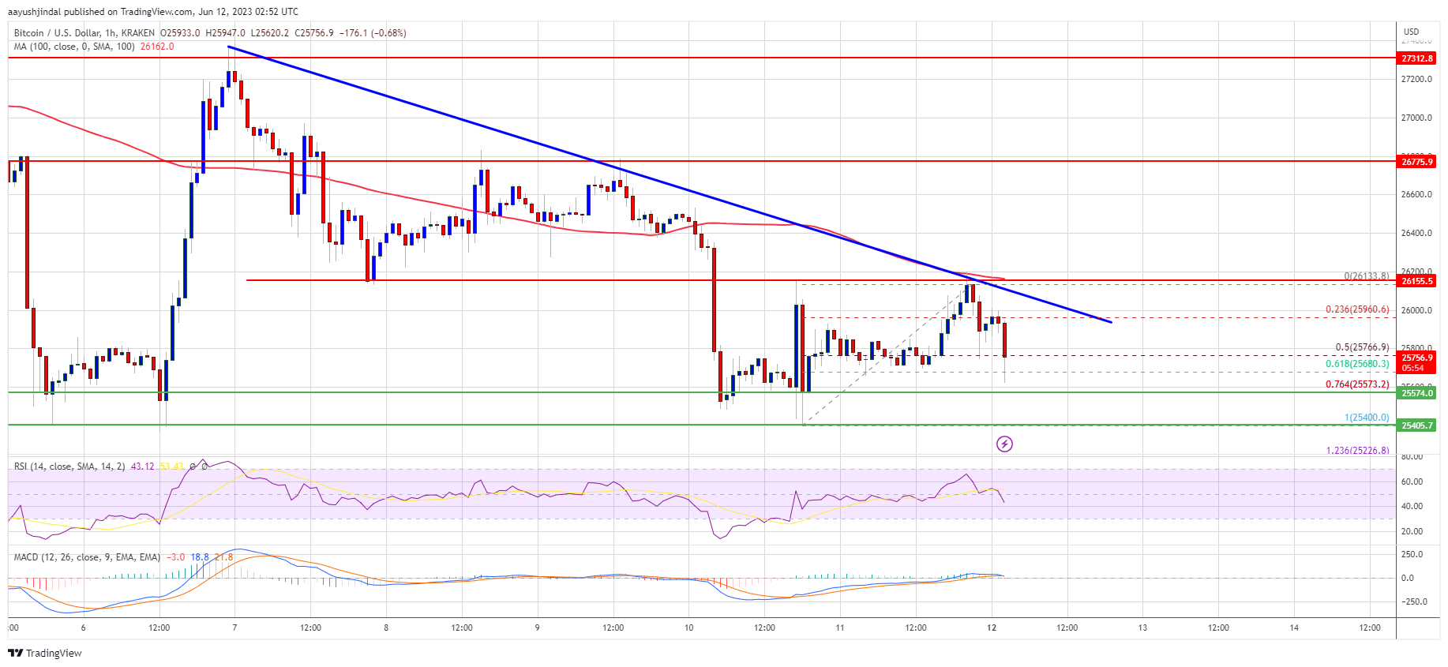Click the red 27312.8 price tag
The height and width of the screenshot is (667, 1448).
point(1416,58)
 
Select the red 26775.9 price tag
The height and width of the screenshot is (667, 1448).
point(1416,162)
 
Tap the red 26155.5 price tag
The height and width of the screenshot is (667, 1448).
point(1416,281)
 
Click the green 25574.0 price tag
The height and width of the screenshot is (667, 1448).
point(1416,393)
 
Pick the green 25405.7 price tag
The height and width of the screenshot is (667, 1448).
point(1416,425)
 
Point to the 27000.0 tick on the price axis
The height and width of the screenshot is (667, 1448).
point(1416,118)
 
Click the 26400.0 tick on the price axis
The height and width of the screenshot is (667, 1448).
point(1416,233)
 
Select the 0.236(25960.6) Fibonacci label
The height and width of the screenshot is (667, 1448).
point(1356,309)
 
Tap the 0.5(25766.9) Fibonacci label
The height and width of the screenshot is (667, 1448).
point(1361,347)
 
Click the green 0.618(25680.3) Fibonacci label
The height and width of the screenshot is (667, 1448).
point(1356,364)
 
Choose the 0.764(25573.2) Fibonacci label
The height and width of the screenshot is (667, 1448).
point(1356,384)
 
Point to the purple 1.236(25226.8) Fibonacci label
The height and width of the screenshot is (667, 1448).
point(1356,451)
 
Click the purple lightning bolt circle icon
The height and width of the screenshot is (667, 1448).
point(1004,444)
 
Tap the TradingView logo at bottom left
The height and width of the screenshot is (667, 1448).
point(45,653)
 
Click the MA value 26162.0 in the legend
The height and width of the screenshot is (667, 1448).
point(157,47)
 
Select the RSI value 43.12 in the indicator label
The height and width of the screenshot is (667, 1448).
point(142,467)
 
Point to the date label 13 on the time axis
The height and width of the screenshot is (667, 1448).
point(1142,628)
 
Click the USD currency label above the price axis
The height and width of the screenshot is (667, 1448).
point(1410,32)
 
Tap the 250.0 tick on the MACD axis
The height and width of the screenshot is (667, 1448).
point(1412,554)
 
